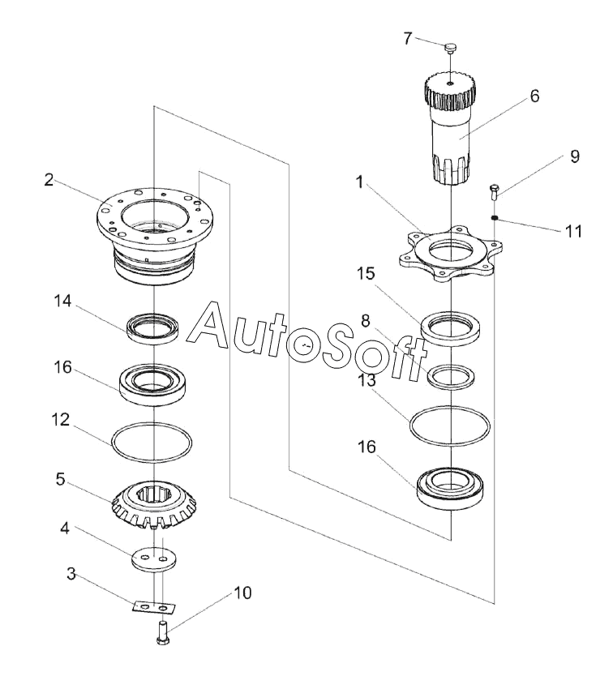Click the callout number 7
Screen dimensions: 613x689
(408, 39)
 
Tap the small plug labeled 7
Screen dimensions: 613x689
(451, 48)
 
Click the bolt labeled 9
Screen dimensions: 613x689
(494, 192)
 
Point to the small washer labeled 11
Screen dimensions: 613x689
(495, 217)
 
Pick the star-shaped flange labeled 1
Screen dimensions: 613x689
(450, 253)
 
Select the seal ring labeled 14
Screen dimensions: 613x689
(152, 327)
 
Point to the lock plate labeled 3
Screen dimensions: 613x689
(154, 607)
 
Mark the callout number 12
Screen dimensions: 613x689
(61, 420)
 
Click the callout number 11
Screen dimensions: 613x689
(573, 231)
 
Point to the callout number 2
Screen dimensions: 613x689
(49, 180)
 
